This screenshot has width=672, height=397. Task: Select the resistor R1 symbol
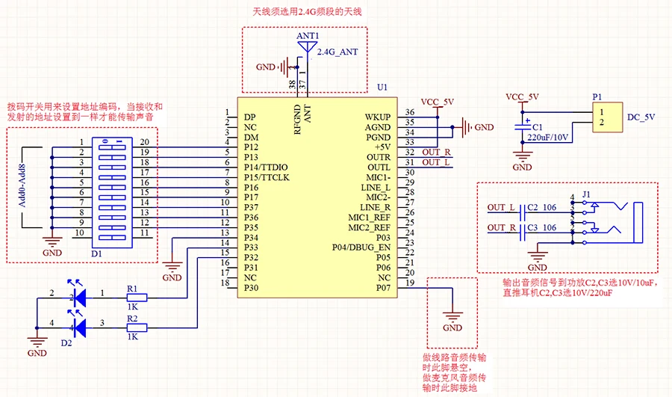(136, 297)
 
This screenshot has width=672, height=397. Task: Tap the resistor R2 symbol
(136, 327)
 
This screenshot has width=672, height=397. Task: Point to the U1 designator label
(382, 88)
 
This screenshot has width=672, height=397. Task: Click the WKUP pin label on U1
(378, 117)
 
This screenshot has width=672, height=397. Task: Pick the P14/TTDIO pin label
(266, 167)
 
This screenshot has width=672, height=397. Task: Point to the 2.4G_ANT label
(339, 52)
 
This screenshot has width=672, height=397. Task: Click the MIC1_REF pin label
(369, 217)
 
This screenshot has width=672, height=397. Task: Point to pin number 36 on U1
(410, 113)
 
